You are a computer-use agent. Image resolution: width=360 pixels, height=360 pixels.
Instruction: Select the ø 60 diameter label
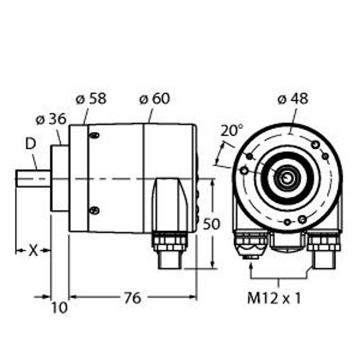coord(154,98)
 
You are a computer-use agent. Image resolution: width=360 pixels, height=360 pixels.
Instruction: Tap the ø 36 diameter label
coord(50,119)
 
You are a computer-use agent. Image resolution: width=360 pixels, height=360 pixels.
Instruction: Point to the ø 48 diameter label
coord(292,98)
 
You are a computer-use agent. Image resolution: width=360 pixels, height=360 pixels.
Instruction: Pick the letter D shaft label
coord(30,143)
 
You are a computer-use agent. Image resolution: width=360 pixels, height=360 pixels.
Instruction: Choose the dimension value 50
coord(211,224)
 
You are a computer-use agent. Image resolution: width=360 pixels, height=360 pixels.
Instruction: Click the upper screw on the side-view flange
coord(94,136)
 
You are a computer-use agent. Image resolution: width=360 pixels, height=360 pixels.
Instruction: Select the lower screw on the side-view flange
coord(94,209)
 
